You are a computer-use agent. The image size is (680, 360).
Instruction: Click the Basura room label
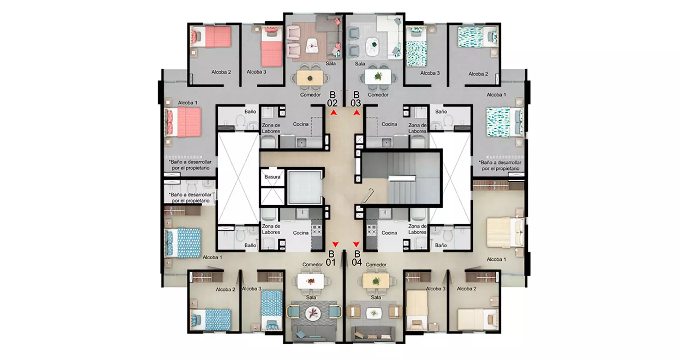coord(272,177)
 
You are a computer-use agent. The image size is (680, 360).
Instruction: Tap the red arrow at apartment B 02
coord(334,113)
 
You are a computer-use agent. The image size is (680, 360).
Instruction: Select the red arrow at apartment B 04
coord(357,244)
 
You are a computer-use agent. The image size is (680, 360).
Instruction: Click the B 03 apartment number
coord(356,99)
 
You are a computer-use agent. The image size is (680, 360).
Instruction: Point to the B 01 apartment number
coord(331,258)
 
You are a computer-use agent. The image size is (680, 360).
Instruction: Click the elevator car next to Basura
coord(305,187)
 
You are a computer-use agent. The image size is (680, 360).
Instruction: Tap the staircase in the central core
coord(401,178)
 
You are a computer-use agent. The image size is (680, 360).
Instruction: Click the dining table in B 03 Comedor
coord(378,76)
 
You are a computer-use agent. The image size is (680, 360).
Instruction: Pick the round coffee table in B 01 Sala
coord(313,313)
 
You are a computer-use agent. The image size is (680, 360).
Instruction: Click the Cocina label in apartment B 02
coord(301,124)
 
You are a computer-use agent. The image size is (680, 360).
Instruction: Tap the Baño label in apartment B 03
coord(441,112)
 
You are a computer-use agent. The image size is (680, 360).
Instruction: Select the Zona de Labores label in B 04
coord(417,229)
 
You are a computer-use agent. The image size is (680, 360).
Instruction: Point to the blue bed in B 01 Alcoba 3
coord(272,310)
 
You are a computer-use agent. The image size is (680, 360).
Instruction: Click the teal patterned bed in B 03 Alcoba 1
coord(505,122)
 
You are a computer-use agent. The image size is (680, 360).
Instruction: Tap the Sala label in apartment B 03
coord(360,64)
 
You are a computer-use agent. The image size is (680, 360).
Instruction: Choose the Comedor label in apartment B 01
coord(312,265)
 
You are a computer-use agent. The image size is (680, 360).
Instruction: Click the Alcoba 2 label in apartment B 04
coord(466,289)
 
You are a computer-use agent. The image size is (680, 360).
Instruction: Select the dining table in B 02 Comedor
coord(310,78)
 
